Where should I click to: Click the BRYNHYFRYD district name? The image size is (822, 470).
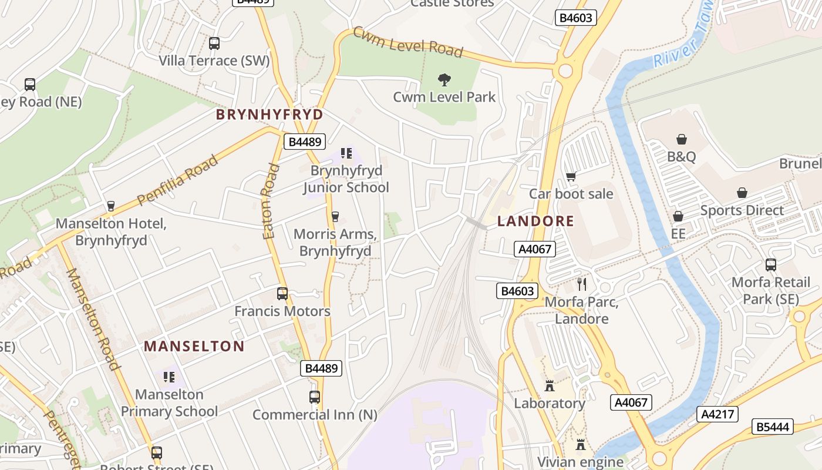tap(269, 114)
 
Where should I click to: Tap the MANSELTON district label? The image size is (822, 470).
tap(194, 346)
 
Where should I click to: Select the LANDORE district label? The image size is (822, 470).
tap(535, 221)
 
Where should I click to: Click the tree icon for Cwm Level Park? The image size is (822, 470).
tap(444, 79)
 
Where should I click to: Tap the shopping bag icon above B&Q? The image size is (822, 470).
tap(681, 139)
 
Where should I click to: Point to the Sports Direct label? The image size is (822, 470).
tap(742, 210)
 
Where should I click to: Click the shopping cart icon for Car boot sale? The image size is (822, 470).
tap(571, 176)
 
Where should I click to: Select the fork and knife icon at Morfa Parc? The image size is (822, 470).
tap(582, 284)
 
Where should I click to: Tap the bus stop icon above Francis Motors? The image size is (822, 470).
tap(282, 294)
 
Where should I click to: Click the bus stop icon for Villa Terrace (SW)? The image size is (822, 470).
tap(214, 43)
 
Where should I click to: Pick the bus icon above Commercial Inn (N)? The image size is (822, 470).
tap(315, 397)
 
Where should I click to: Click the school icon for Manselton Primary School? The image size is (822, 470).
tap(169, 377)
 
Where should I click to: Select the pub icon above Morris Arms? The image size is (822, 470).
tap(335, 217)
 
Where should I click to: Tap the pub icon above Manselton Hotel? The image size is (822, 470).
tap(110, 206)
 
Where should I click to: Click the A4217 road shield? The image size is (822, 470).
tap(717, 414)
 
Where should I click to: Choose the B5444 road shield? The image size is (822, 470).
tap(773, 427)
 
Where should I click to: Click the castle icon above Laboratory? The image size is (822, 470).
tap(550, 386)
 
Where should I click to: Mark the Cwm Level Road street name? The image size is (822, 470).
tap(407, 42)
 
